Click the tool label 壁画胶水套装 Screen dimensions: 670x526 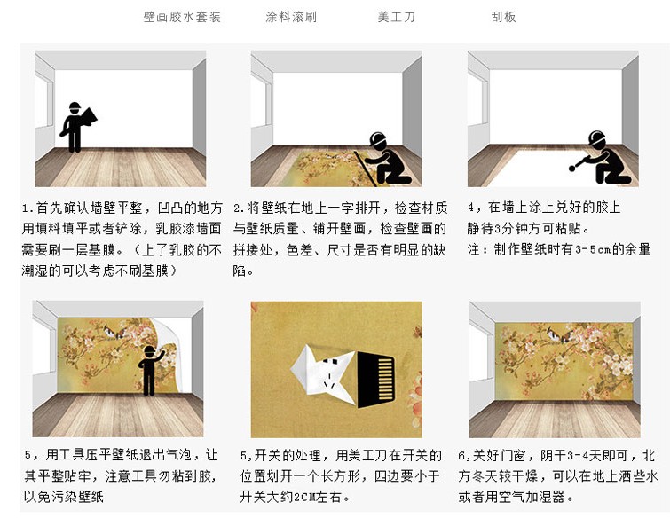tap(182, 17)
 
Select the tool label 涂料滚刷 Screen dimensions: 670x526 tap(291, 17)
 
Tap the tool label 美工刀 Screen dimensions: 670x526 tap(396, 17)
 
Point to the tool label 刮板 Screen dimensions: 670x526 tap(503, 17)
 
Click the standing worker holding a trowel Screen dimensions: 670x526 tap(75, 127)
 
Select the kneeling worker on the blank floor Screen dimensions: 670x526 tap(603, 157)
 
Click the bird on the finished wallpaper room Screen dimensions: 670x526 tap(557, 334)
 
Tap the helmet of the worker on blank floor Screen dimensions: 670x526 tap(596, 137)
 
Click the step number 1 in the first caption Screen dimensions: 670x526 tap(27, 208)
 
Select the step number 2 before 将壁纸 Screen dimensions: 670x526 tap(238, 208)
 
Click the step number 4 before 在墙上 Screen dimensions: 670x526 tap(471, 208)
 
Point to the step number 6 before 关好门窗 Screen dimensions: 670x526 tap(462, 456)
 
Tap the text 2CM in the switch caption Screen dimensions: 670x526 tap(304, 497)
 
